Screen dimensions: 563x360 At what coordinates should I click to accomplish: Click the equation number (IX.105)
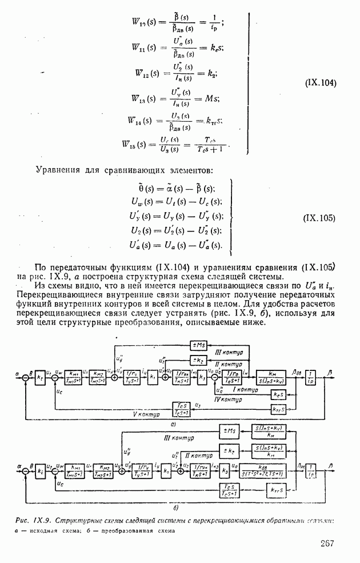(x=319, y=218)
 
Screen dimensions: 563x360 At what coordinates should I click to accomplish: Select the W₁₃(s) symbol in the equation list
(x=142, y=98)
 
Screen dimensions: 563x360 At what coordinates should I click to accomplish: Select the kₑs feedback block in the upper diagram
(x=278, y=394)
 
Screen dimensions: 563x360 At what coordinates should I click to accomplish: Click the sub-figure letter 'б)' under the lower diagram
(x=176, y=506)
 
